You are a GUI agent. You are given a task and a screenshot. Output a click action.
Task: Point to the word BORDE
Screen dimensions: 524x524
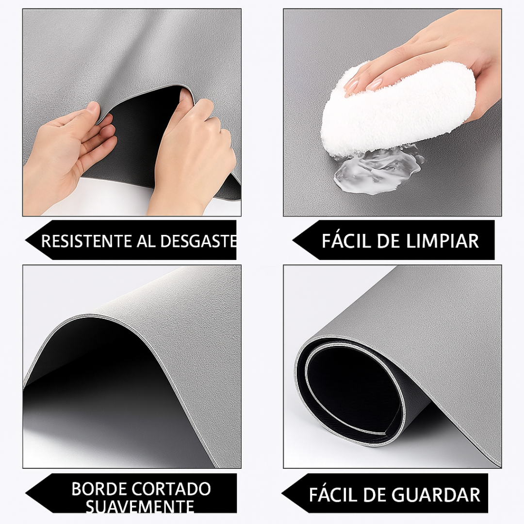pyautogui.click(x=99, y=489)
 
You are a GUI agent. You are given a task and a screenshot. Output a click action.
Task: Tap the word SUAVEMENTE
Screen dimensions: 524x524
pyautogui.click(x=140, y=507)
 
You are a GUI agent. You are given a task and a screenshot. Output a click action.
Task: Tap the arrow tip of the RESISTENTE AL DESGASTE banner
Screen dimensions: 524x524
pyautogui.click(x=27, y=240)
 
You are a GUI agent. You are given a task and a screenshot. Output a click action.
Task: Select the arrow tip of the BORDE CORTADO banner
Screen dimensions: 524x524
pyautogui.click(x=27, y=493)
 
